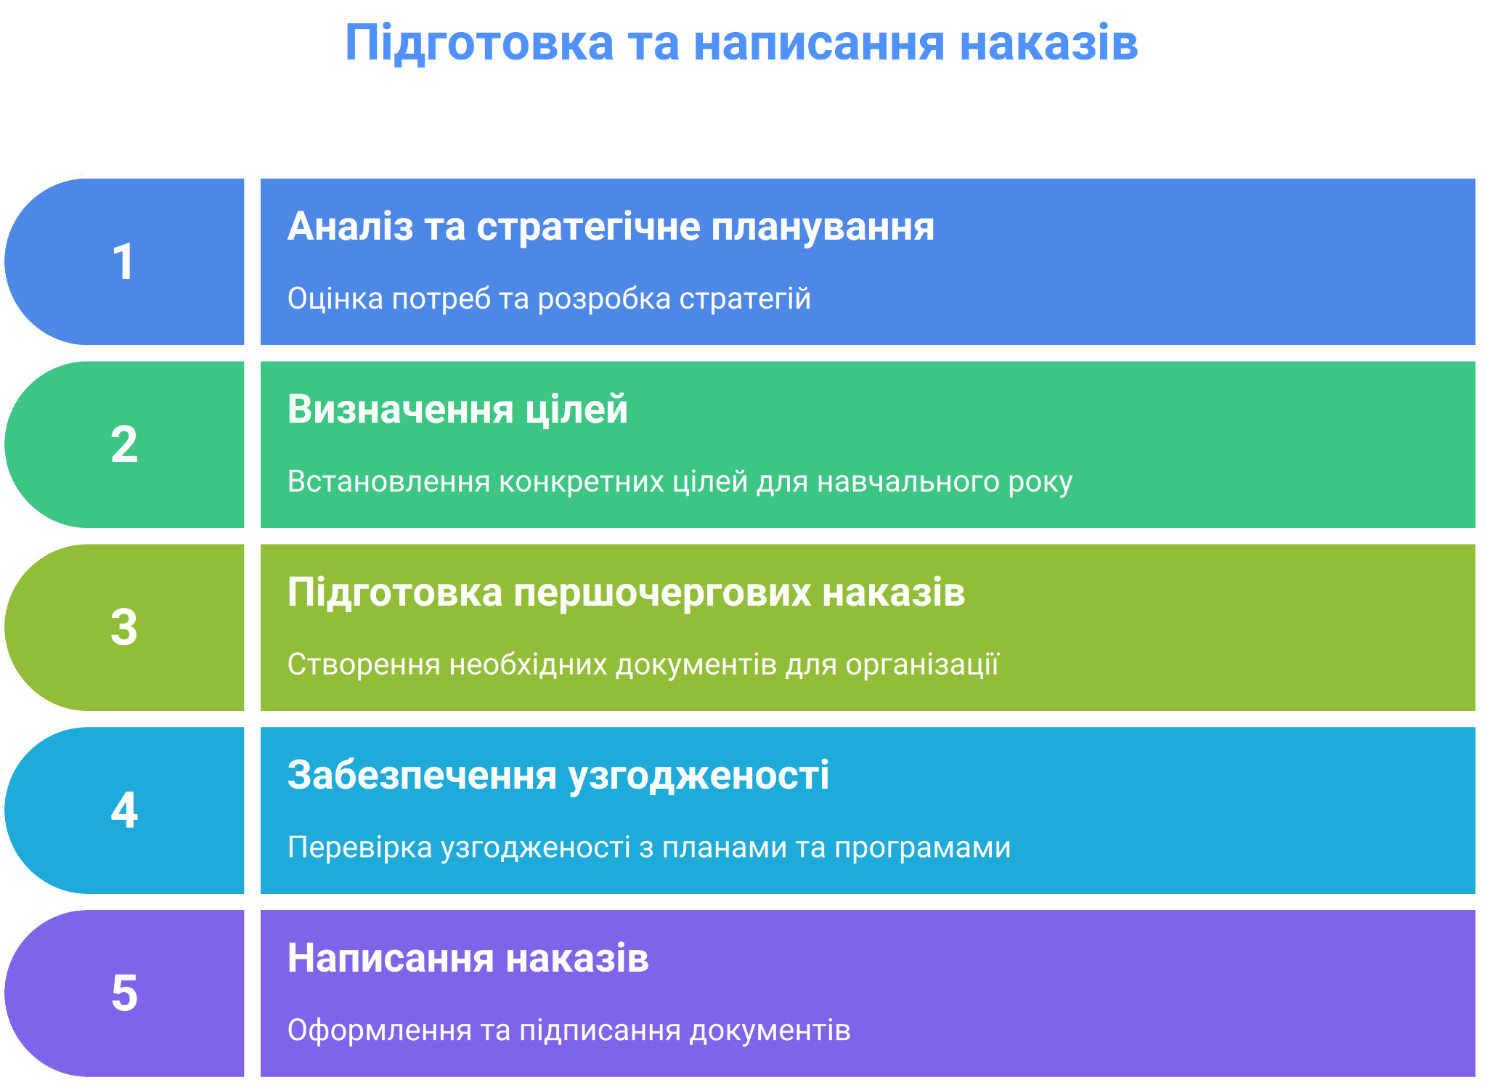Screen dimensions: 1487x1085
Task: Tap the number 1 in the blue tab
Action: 123,261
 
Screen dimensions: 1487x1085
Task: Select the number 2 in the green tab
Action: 124,444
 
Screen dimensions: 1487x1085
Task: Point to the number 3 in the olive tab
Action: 124,627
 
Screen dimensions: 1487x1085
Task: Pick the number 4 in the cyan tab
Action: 124,810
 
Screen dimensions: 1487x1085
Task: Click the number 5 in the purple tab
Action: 124,993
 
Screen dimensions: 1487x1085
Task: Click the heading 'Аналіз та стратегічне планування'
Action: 611,227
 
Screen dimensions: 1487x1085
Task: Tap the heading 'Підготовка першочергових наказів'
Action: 626,592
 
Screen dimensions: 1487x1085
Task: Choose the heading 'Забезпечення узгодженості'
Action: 558,775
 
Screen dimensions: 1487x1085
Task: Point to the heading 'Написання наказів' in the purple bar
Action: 468,958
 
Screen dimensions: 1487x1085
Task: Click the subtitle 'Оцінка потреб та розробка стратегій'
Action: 549,298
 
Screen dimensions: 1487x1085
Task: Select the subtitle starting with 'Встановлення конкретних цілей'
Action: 680,481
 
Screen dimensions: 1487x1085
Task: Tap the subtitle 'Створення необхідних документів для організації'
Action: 643,665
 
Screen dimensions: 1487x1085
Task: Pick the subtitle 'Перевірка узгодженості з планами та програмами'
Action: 649,848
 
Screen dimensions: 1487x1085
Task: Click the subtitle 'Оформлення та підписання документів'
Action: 569,1031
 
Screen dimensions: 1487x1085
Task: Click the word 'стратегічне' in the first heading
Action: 588,228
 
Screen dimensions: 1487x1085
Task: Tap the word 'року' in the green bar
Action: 1040,484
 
